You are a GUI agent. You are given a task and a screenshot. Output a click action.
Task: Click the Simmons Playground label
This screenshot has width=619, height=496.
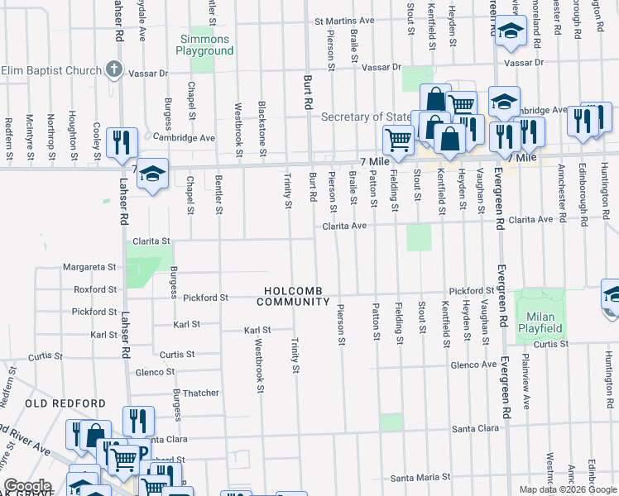click(x=204, y=45)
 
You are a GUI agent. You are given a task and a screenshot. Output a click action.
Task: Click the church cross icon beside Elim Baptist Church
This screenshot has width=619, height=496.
click(x=114, y=70)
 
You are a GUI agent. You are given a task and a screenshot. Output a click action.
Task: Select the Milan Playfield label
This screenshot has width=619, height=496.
click(x=540, y=322)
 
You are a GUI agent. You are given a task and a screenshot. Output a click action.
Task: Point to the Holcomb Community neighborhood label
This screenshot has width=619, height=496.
click(x=298, y=296)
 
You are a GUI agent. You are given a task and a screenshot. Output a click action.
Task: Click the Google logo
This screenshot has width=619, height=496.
click(x=26, y=486)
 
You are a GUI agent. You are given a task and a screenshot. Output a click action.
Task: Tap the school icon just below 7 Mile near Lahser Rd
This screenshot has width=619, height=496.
click(x=151, y=174)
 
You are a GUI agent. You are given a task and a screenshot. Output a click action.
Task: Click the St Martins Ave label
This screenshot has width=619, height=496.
click(x=344, y=21)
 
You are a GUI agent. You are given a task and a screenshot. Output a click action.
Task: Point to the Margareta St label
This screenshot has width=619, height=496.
click(x=91, y=267)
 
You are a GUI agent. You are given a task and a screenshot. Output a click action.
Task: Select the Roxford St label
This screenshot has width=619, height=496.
click(x=95, y=289)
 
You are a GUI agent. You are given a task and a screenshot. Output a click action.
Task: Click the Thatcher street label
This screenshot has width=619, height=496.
click(x=201, y=393)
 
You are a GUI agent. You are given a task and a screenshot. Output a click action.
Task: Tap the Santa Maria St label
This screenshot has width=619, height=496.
click(x=421, y=478)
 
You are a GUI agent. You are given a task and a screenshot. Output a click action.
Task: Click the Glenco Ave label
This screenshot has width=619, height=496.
click(x=473, y=365)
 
